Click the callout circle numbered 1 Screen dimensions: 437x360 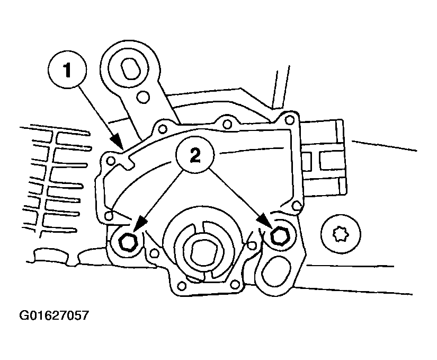click(x=67, y=69)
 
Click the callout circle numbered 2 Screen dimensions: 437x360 click(x=195, y=155)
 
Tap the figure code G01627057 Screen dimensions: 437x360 click(x=54, y=315)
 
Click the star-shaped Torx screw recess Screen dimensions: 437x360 click(x=341, y=234)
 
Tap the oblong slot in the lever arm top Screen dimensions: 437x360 click(x=131, y=68)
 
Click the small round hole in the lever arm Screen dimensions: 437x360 click(x=144, y=97)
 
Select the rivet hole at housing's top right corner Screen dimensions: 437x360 click(x=290, y=120)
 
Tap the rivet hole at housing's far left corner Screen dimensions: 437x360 click(x=111, y=160)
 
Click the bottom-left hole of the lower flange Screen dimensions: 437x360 click(x=182, y=286)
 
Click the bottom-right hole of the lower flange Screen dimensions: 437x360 click(x=235, y=284)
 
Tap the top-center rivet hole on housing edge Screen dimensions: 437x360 click(x=227, y=124)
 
